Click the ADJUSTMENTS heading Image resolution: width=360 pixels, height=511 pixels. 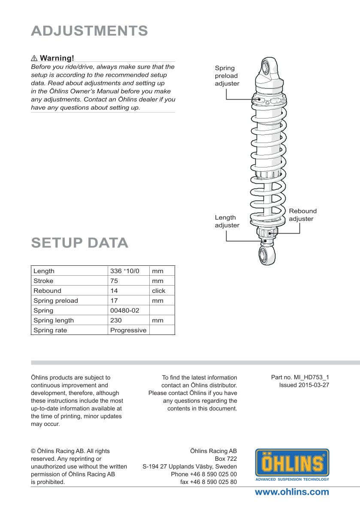tap(89, 31)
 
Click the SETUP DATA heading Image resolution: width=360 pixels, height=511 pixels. tap(79, 243)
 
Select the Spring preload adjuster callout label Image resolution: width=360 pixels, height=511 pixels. tap(227, 76)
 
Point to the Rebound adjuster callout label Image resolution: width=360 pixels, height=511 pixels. tap(303, 215)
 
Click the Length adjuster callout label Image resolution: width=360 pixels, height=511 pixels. tap(227, 221)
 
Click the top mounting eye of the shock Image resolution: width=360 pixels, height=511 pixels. tap(266, 67)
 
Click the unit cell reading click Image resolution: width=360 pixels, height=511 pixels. tap(159, 291)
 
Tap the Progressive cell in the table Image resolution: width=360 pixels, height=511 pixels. tap(128, 330)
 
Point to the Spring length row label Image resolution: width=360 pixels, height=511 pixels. tap(54, 320)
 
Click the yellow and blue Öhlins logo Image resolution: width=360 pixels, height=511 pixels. tap(292, 465)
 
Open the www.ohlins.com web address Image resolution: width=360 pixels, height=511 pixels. tap(292, 492)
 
